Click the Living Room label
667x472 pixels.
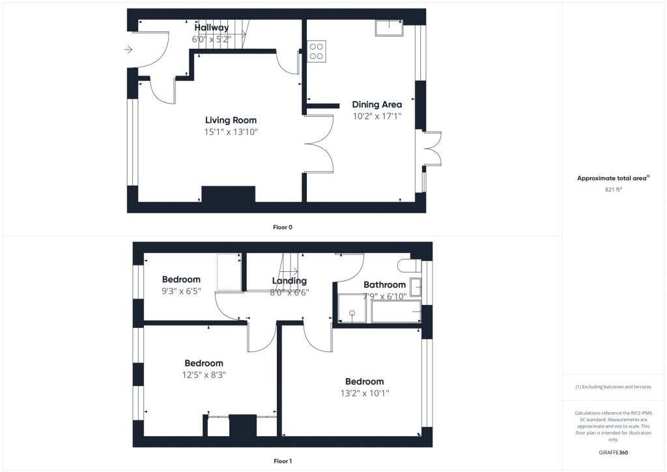[x=231, y=121]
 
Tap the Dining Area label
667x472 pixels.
[x=377, y=105]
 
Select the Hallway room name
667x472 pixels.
[x=212, y=27]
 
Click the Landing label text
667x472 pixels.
[x=289, y=281]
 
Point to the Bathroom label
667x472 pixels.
[x=384, y=285]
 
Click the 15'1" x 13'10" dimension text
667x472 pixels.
[x=231, y=132]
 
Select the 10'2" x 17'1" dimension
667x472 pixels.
[x=377, y=116]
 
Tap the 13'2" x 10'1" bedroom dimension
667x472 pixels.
[x=365, y=393]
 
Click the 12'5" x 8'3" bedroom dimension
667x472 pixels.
[x=204, y=375]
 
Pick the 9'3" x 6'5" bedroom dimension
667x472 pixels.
[x=181, y=291]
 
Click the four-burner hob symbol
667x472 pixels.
[x=317, y=52]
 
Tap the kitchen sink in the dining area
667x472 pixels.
[x=390, y=27]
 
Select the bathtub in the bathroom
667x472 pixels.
[x=396, y=312]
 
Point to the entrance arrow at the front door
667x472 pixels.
[x=128, y=50]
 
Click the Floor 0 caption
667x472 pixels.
[x=283, y=228]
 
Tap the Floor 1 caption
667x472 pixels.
[x=283, y=461]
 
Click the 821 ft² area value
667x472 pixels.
[x=613, y=190]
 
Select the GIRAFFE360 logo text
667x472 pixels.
[x=613, y=452]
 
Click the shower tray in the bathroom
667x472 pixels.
[x=352, y=308]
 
